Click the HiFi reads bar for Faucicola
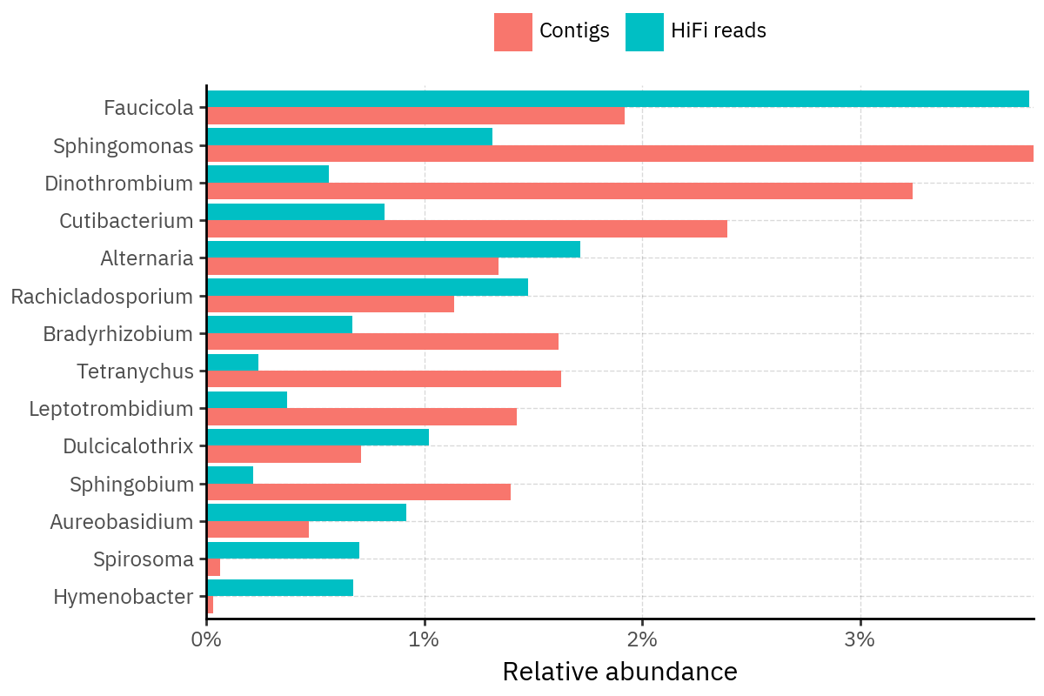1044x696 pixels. [x=618, y=99]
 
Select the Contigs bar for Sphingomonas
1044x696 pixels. [x=619, y=154]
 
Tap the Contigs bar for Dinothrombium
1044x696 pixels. [x=559, y=191]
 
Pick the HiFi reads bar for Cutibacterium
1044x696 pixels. [x=296, y=212]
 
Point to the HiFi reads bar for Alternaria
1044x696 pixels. [x=393, y=250]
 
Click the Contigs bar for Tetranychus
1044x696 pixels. [x=384, y=379]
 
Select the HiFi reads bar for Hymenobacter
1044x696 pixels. [x=280, y=588]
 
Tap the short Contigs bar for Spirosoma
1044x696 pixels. [x=214, y=567]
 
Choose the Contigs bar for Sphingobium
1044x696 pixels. [x=358, y=492]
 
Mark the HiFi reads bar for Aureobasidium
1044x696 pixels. [x=306, y=513]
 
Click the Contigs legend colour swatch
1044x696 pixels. [x=513, y=32]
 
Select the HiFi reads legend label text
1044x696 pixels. [x=719, y=31]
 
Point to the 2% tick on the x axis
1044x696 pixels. [x=642, y=619]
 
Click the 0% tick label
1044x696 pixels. [x=207, y=640]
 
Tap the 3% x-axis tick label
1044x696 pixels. [x=860, y=640]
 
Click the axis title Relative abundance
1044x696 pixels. [x=619, y=672]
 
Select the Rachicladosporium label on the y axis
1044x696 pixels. [x=102, y=296]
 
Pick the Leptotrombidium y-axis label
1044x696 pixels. [x=110, y=408]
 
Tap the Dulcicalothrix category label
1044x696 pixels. [x=128, y=446]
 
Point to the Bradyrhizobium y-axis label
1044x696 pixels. [x=117, y=333]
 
